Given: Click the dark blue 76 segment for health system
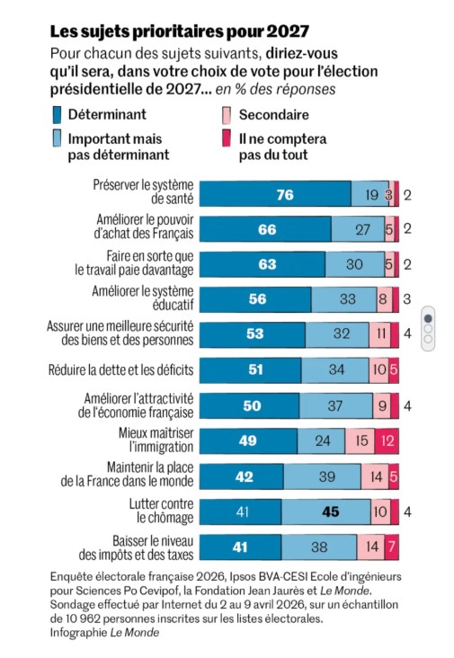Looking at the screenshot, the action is [275, 194].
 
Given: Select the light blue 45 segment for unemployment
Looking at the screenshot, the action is [326, 512].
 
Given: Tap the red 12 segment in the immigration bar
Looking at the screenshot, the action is [387, 441].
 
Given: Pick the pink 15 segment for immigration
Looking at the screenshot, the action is [360, 441].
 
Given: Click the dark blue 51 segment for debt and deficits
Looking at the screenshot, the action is [251, 370].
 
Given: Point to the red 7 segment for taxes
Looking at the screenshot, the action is [392, 547].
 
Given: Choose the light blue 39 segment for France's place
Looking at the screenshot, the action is [322, 476].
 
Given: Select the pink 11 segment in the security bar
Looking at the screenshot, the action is [380, 334].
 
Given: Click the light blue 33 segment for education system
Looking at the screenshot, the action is [344, 299].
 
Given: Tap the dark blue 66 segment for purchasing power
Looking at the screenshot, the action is [265, 229].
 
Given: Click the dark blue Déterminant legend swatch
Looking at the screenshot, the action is [57, 115].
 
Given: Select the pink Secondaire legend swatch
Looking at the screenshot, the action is [227, 115].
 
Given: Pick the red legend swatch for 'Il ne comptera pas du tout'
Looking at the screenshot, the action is [227, 138].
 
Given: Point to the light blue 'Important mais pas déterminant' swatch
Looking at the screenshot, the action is [57, 138].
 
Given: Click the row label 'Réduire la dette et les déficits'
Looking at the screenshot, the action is [120, 370].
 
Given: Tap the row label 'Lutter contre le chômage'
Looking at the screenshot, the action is [162, 511].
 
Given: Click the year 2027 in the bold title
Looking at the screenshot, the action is [288, 31].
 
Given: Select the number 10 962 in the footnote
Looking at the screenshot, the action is [83, 618].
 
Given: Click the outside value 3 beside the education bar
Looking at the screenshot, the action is [407, 299].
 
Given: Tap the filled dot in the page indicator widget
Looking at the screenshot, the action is [428, 318].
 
